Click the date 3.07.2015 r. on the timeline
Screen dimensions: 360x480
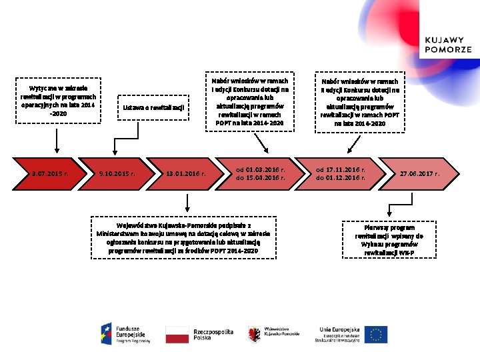point(50,174)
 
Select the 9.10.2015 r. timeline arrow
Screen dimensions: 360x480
point(117,174)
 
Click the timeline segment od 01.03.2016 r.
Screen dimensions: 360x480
point(260,174)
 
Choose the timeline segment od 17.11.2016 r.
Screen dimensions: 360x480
point(341,174)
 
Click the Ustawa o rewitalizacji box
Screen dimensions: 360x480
point(153,107)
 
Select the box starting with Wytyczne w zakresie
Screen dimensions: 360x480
point(59,101)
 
